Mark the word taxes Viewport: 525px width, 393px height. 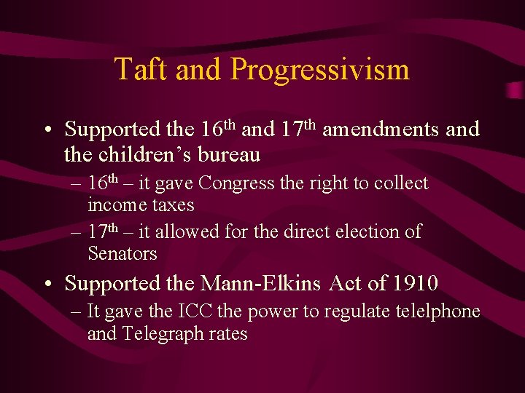click(x=174, y=205)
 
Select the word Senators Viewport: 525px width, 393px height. click(x=122, y=253)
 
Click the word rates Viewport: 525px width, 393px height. click(x=226, y=334)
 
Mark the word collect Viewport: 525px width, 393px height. click(x=400, y=183)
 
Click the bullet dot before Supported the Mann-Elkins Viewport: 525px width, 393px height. click(x=47, y=283)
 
